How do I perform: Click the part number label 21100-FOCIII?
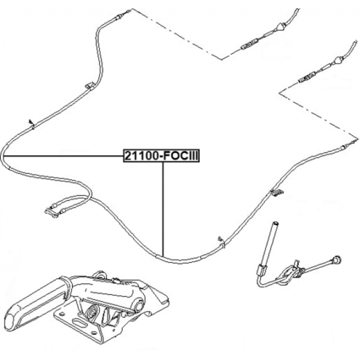tap(162, 156)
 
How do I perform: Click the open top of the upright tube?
tap(275, 223)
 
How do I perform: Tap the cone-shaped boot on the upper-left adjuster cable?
tap(282, 27)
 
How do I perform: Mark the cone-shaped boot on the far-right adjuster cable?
tap(338, 61)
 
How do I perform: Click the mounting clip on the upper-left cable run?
tap(90, 85)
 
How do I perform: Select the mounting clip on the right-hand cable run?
tap(277, 193)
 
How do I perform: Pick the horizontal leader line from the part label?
tap(63, 156)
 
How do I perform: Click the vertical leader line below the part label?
tap(163, 209)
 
